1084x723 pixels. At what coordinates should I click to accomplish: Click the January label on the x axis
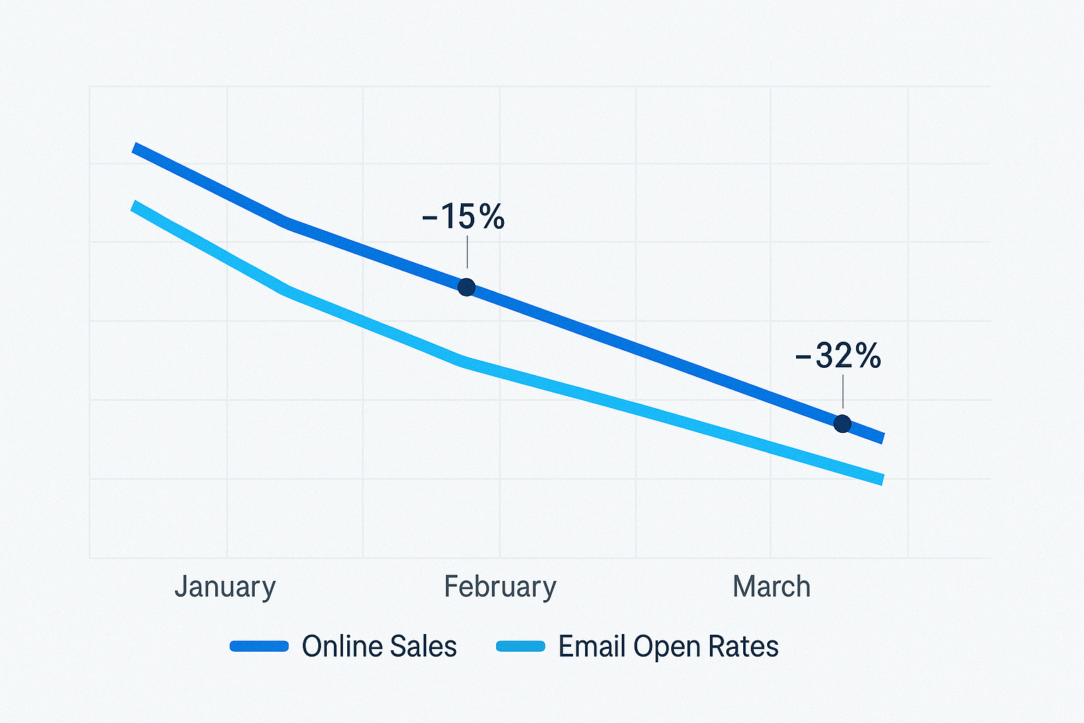pyautogui.click(x=224, y=587)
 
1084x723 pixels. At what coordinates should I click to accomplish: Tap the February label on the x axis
pyautogui.click(x=500, y=587)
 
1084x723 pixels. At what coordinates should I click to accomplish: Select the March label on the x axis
pyautogui.click(x=771, y=587)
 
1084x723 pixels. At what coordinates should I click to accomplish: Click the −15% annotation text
pyautogui.click(x=464, y=217)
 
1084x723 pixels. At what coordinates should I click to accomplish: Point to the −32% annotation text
pyautogui.click(x=838, y=356)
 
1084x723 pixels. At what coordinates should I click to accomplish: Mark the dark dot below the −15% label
pyautogui.click(x=466, y=287)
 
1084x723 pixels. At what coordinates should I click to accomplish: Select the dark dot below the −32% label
pyautogui.click(x=842, y=424)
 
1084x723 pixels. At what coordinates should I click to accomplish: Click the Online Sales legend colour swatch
pyautogui.click(x=259, y=646)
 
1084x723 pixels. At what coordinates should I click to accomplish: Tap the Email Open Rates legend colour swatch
pyautogui.click(x=521, y=646)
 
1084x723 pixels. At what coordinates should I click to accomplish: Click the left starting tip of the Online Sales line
pyautogui.click(x=135, y=148)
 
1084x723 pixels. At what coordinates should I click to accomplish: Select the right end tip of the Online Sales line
pyautogui.click(x=881, y=439)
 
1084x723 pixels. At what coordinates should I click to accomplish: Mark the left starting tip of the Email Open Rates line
pyautogui.click(x=134, y=205)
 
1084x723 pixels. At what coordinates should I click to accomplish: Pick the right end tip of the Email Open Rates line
pyautogui.click(x=881, y=480)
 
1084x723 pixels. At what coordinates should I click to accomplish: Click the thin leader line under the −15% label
pyautogui.click(x=467, y=252)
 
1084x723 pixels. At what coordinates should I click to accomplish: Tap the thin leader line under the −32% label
pyautogui.click(x=843, y=392)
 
